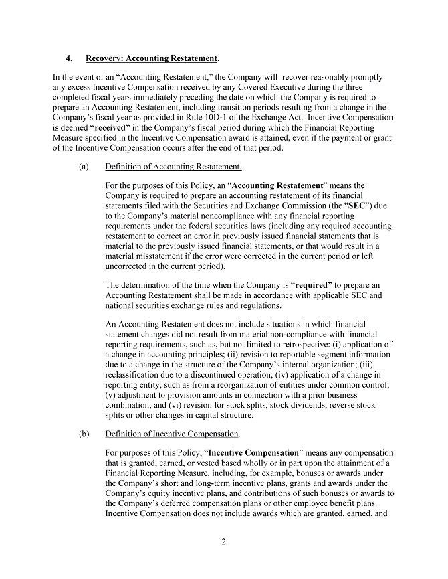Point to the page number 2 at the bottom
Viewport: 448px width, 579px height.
tap(224, 542)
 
